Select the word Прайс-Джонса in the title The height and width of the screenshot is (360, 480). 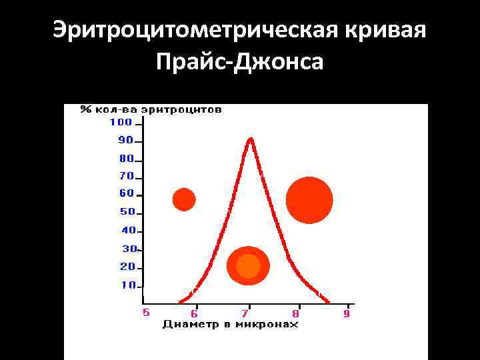[x=240, y=63]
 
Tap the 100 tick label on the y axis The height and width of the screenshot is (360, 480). [x=121, y=122]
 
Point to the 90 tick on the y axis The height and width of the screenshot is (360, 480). [x=126, y=141]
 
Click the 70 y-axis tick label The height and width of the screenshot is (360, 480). [x=126, y=177]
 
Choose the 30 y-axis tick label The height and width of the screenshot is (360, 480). [x=128, y=249]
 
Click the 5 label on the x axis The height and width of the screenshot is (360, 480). [x=146, y=312]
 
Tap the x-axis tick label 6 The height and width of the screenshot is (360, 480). [x=194, y=313]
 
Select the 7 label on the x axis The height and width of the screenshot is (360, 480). [x=245, y=313]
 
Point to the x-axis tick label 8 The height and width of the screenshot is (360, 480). [x=296, y=313]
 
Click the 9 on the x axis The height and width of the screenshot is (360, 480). [x=347, y=313]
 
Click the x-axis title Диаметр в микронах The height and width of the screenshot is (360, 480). [x=230, y=325]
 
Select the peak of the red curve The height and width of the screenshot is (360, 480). [x=250, y=139]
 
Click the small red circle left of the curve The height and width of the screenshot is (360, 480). [x=184, y=199]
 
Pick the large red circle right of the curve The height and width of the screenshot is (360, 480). [x=309, y=200]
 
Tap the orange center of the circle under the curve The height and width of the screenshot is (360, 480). [x=248, y=266]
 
